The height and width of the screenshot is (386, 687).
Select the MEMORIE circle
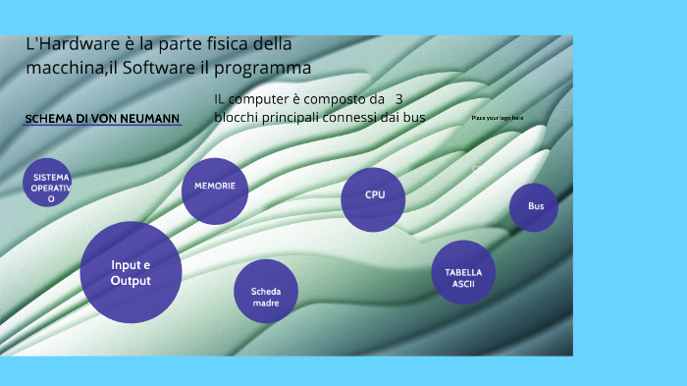(215, 190)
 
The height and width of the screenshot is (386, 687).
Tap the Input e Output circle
(131, 272)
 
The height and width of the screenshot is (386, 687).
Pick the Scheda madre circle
(266, 292)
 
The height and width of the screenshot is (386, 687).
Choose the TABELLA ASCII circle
(463, 273)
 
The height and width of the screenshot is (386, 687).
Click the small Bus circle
(535, 207)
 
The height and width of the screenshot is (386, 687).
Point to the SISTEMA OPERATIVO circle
(50, 183)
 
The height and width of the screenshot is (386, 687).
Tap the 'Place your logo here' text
(498, 118)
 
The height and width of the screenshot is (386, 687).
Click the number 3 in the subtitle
(398, 99)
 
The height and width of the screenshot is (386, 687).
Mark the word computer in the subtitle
(264, 100)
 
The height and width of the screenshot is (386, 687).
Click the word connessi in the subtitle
(366, 118)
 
